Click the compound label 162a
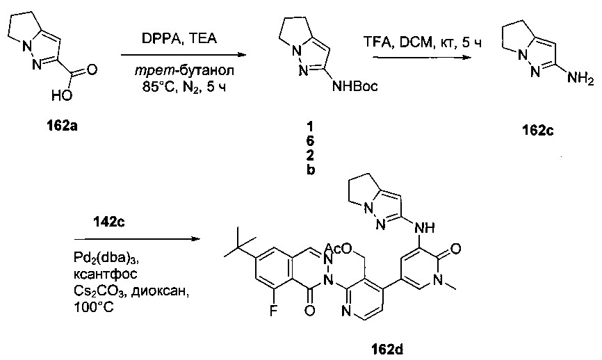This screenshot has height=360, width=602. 62,126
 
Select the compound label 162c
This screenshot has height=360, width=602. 537,131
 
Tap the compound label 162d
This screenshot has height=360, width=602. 387,350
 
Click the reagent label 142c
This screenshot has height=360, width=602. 108,222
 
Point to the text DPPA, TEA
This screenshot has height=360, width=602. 179,38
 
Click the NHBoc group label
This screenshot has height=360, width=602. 355,86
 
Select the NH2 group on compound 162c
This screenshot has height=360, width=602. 580,79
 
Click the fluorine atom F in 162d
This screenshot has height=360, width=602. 273,310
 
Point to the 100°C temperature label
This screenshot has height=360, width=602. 93,307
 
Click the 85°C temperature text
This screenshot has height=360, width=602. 160,88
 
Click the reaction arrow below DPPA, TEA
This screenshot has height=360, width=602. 183,54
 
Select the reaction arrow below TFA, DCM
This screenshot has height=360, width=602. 421,57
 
